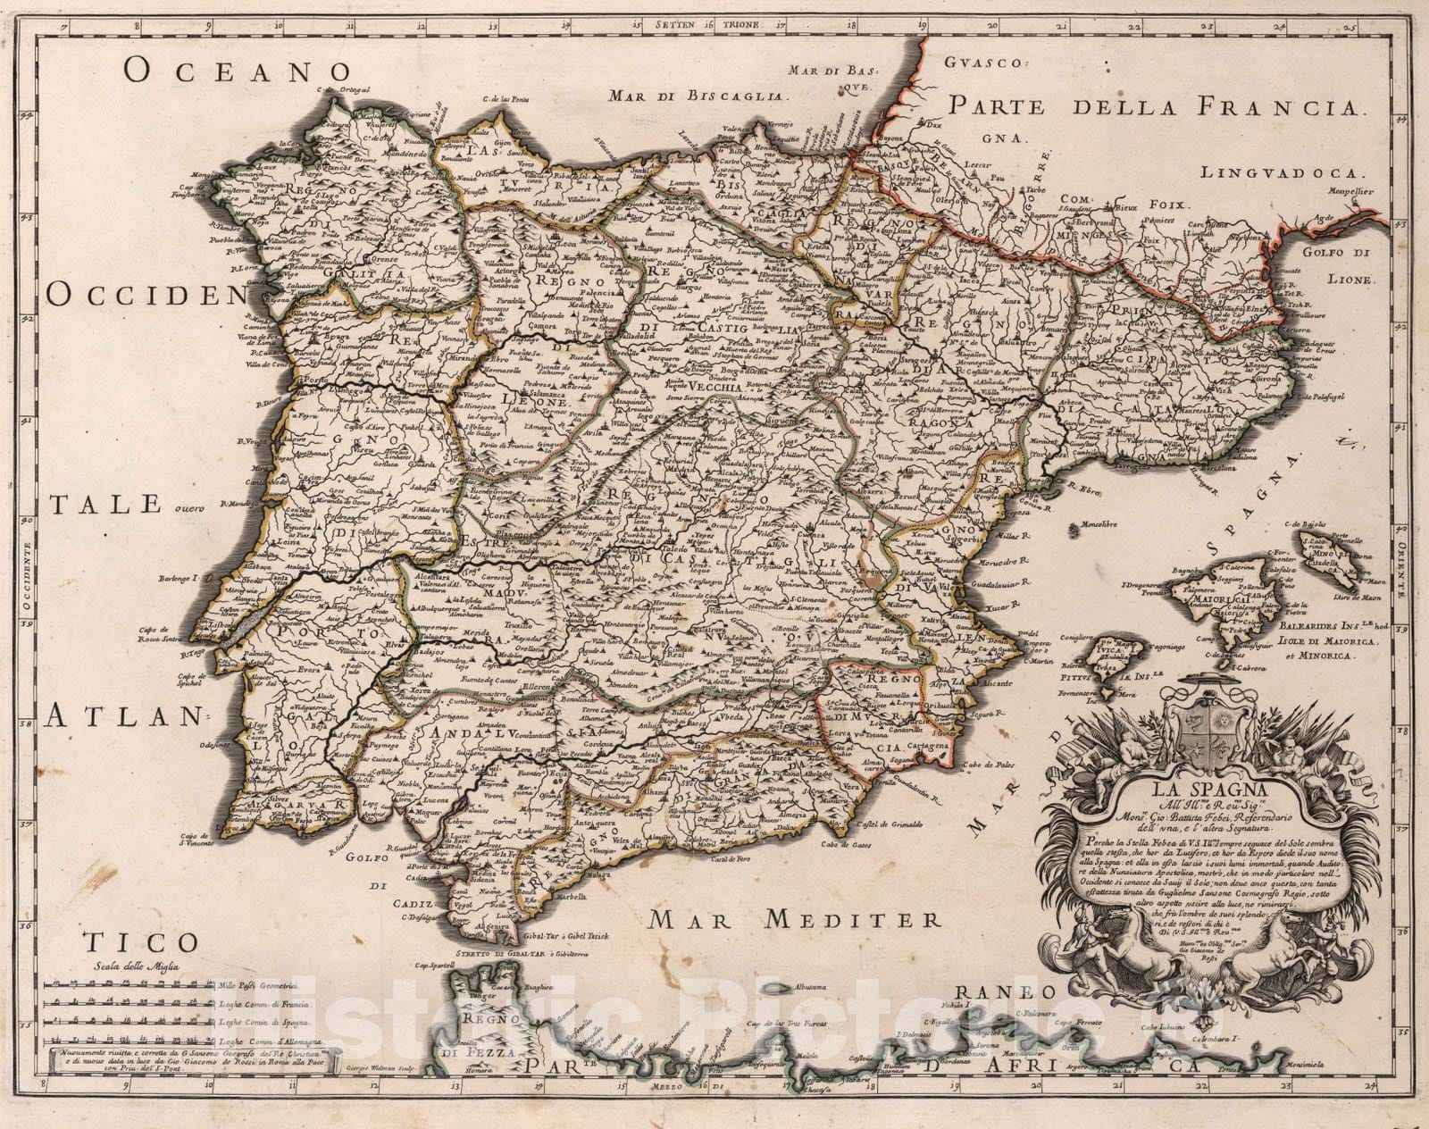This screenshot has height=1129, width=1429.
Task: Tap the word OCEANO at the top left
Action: click(x=236, y=71)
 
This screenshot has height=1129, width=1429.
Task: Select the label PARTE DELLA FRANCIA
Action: click(x=1157, y=108)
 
